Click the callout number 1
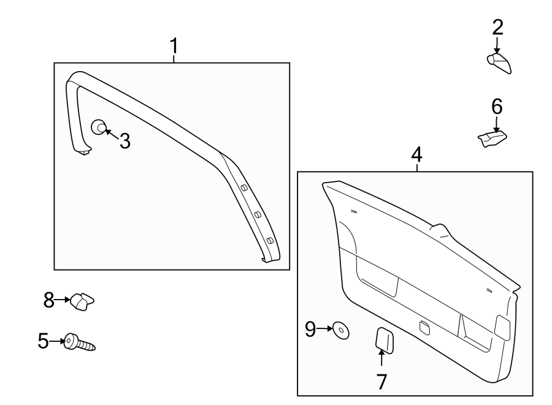(174, 45)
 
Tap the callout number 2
(497, 27)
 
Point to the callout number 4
(416, 154)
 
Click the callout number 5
(43, 341)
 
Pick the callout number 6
(497, 107)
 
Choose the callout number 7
(381, 382)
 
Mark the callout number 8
(49, 300)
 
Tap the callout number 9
(310, 330)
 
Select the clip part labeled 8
(82, 301)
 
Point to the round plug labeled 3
(98, 127)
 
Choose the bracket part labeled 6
(493, 139)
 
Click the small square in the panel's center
(424, 327)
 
